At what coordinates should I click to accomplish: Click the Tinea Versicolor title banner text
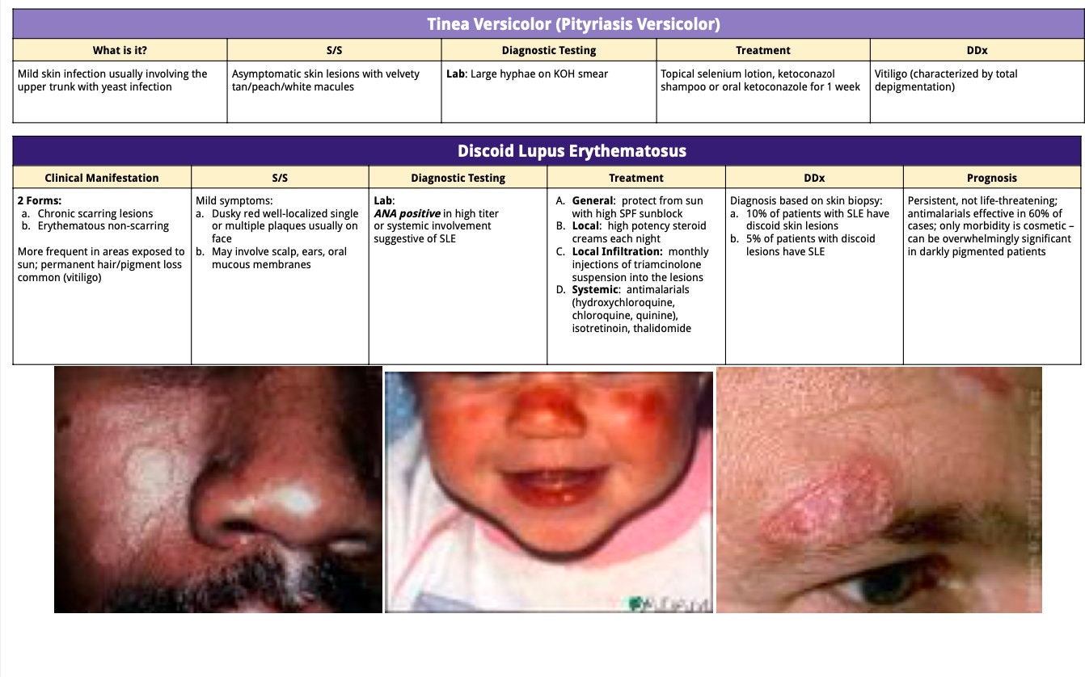(x=573, y=24)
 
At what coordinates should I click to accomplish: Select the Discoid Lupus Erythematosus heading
(x=572, y=151)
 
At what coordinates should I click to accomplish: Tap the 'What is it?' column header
(x=119, y=50)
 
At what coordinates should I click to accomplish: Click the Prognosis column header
(x=991, y=178)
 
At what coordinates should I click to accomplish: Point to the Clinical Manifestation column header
(x=102, y=178)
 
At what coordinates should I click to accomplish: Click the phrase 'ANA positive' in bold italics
(x=407, y=214)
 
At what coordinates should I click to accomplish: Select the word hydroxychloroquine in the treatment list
(x=623, y=303)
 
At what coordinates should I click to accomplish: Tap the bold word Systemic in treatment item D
(x=595, y=290)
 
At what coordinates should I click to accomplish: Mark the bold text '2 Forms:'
(x=40, y=201)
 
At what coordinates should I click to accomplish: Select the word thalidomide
(x=662, y=329)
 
